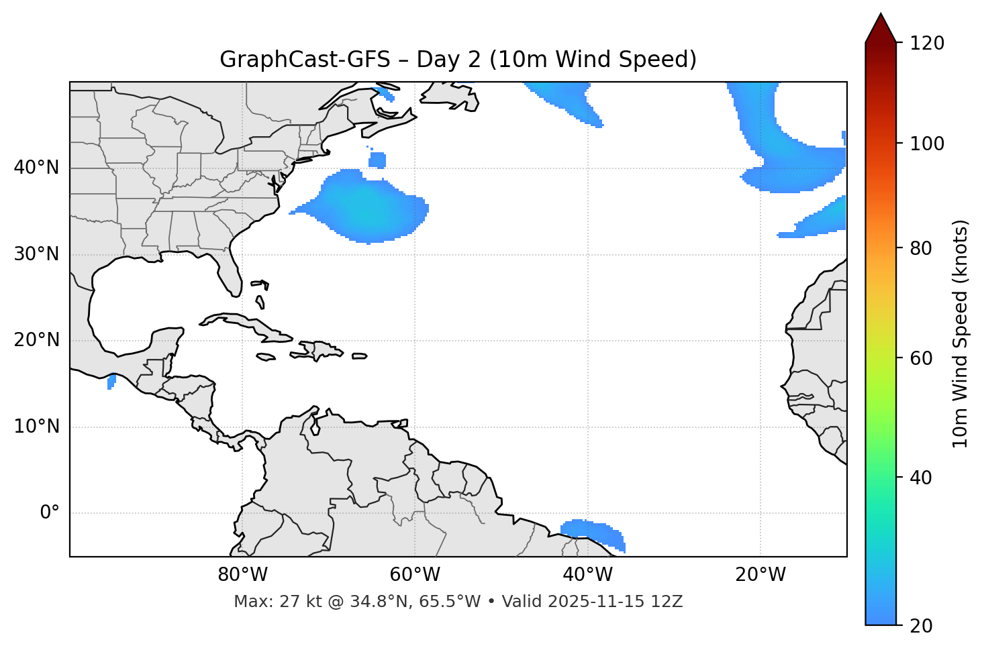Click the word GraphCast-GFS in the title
tap(305, 60)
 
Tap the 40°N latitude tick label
tap(36, 168)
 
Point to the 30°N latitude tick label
tap(36, 254)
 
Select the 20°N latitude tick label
tap(36, 340)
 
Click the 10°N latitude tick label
tap(36, 427)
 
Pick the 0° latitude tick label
tap(50, 513)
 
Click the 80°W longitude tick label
tap(242, 575)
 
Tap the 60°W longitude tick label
tap(415, 575)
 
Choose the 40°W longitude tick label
tap(587, 575)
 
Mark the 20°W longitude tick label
tap(760, 575)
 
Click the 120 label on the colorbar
tap(927, 44)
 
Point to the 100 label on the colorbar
tap(927, 144)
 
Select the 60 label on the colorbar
tap(922, 358)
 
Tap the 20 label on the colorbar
tap(922, 626)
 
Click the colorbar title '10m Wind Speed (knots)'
tap(961, 333)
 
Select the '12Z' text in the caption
tap(668, 602)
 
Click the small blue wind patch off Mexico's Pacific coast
tap(111, 382)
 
